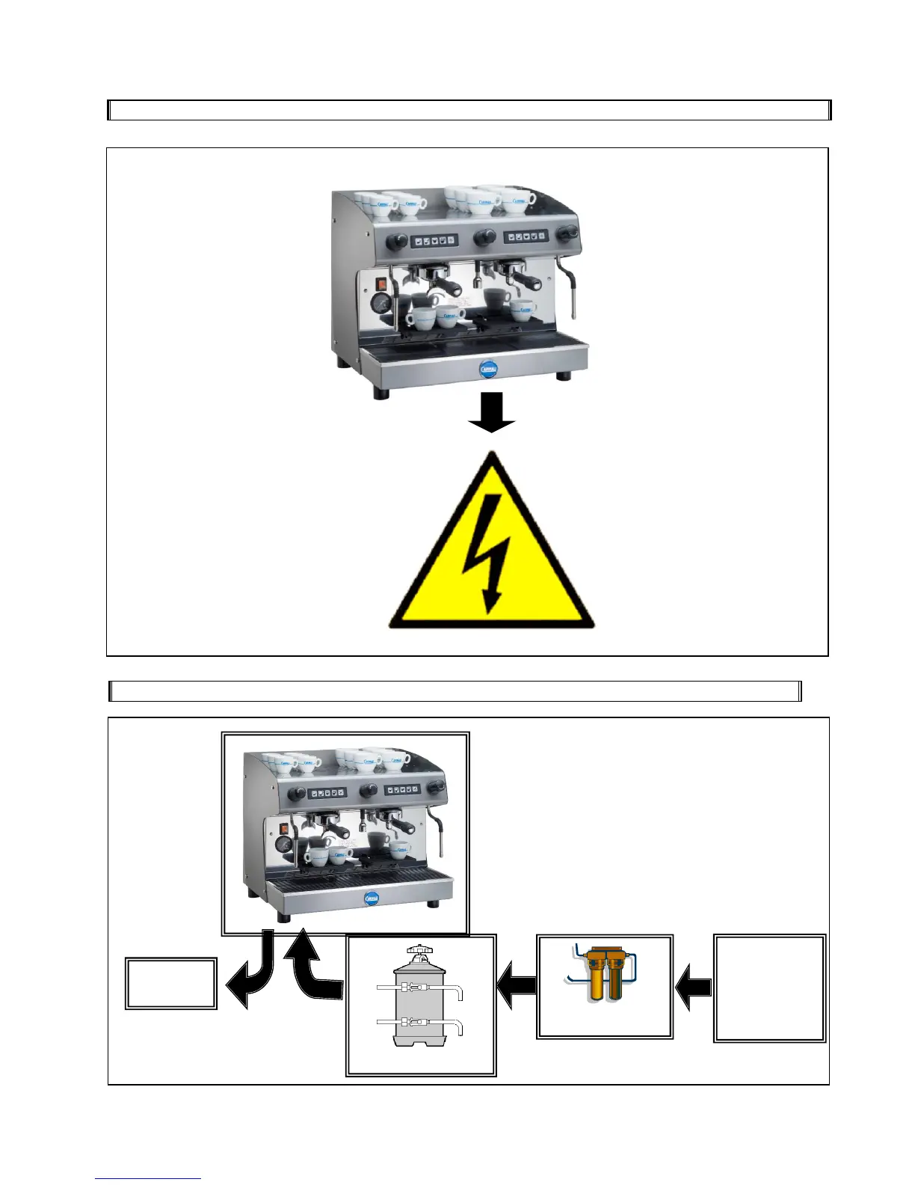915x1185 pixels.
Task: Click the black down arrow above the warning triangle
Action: pyautogui.click(x=492, y=413)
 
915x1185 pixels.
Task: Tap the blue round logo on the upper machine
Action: pyautogui.click(x=488, y=368)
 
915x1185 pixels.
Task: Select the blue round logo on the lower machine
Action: pyautogui.click(x=372, y=898)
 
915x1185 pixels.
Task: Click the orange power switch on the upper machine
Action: pyautogui.click(x=381, y=284)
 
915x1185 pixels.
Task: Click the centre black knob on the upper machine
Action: pyautogui.click(x=484, y=238)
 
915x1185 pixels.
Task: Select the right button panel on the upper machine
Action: pyautogui.click(x=527, y=236)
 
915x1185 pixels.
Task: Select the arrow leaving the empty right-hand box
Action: pyautogui.click(x=694, y=988)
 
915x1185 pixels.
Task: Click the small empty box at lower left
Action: pyautogui.click(x=171, y=984)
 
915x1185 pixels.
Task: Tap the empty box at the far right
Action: pyautogui.click(x=770, y=987)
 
